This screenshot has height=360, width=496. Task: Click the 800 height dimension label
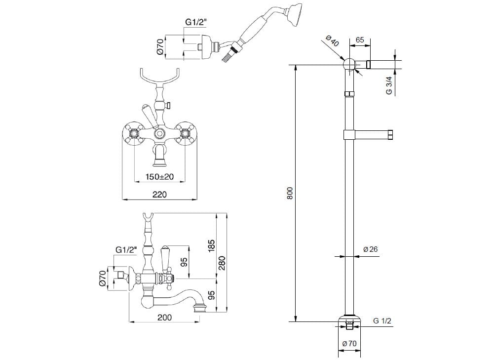point(290,193)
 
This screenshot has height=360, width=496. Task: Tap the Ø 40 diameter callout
point(333,42)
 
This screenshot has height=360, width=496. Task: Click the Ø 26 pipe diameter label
point(370,249)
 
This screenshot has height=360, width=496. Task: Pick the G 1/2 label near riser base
point(382,321)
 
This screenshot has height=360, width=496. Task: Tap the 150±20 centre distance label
point(159,177)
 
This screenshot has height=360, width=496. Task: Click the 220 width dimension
point(159,194)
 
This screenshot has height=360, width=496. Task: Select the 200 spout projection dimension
point(164,318)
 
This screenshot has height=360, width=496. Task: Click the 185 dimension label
point(211,245)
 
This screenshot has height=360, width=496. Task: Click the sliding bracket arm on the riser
point(370,134)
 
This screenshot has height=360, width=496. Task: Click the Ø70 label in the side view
point(103,279)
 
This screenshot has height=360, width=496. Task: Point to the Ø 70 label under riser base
point(349,344)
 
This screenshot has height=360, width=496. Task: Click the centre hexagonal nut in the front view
point(159,134)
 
